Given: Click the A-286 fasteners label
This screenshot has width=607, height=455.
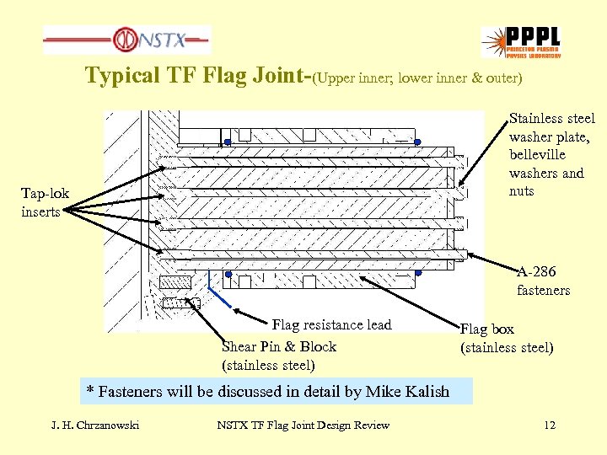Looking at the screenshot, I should click(543, 281).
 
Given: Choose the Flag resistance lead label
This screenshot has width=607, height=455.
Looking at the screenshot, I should click(331, 325).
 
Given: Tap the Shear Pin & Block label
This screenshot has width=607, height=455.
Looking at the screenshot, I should click(278, 346).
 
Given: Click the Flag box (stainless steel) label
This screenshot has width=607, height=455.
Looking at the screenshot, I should click(506, 338).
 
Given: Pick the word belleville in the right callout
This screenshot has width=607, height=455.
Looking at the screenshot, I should click(537, 155).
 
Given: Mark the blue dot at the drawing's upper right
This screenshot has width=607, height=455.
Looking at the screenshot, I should click(417, 142).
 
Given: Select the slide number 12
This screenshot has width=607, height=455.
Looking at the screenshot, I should click(550, 425).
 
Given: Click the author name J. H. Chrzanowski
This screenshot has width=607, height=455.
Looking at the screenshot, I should click(94, 425).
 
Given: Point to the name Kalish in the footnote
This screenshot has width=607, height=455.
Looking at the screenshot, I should click(425, 392).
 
